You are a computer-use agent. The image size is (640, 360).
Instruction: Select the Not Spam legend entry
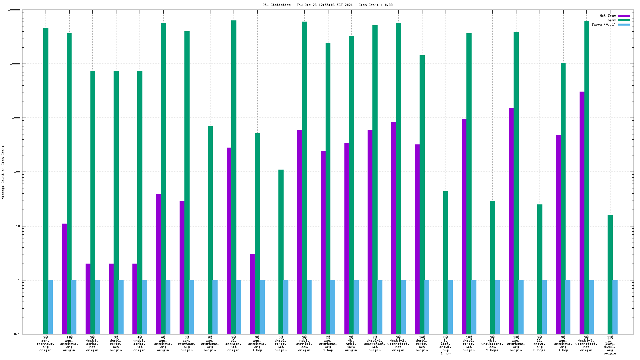tap(608, 16)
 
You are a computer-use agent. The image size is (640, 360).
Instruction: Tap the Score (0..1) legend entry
tap(604, 24)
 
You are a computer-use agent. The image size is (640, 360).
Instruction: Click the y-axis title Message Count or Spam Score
tap(3, 172)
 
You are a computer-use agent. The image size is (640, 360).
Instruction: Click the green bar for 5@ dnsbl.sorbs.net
tap(281, 252)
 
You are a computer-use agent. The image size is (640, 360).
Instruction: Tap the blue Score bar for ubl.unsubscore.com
tap(498, 307)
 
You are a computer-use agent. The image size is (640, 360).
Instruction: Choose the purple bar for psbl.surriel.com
tap(300, 232)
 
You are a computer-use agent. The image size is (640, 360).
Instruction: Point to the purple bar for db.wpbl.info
tap(346, 238)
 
